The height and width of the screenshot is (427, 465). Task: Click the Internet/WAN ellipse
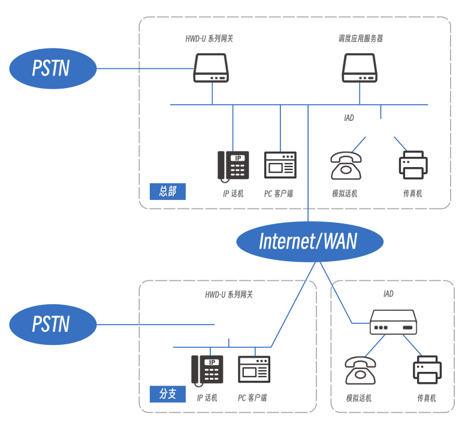(x=309, y=241)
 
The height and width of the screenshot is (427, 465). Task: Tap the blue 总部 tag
(x=168, y=192)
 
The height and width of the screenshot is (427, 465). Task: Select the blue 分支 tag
(x=168, y=393)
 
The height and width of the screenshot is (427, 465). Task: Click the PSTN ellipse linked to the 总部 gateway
(x=53, y=68)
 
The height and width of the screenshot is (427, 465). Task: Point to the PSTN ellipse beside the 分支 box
(x=53, y=325)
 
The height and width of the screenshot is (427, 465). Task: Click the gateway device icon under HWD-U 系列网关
(x=211, y=68)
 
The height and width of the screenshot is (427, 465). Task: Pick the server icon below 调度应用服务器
(x=360, y=68)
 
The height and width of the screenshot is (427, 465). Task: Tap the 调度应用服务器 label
(x=360, y=39)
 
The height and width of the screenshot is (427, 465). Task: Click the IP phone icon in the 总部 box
(x=233, y=165)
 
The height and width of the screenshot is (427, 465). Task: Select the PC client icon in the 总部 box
(x=280, y=165)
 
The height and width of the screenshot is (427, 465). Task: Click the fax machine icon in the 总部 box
(x=413, y=165)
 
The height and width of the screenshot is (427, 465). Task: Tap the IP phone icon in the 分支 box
(x=207, y=369)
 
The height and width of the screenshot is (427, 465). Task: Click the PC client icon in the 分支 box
(x=254, y=369)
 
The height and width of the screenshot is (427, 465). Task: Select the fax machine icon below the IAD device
(x=427, y=370)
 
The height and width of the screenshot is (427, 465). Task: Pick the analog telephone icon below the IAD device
(x=360, y=370)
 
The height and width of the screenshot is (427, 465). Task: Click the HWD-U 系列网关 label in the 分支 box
(x=229, y=295)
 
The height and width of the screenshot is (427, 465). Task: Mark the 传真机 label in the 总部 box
(x=413, y=193)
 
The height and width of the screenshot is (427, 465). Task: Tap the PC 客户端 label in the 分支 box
(x=252, y=398)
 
